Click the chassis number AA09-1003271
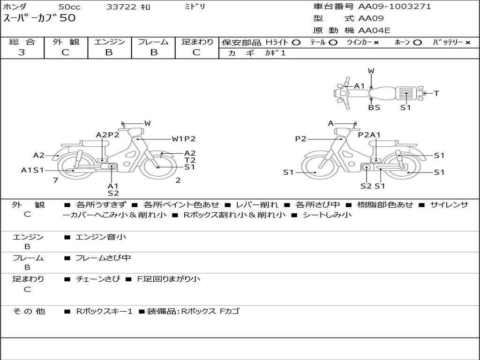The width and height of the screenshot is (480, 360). click(x=395, y=7)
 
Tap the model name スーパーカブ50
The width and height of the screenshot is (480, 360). click(x=39, y=18)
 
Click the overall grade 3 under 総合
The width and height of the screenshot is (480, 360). click(x=22, y=52)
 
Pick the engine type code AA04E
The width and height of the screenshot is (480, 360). click(x=374, y=30)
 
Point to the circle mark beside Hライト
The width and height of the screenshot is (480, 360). click(x=296, y=43)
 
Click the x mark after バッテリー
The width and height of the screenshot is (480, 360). click(x=468, y=43)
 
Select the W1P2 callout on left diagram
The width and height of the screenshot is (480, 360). click(x=184, y=139)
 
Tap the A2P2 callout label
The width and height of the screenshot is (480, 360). click(x=107, y=135)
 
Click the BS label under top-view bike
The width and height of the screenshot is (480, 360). click(x=374, y=108)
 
